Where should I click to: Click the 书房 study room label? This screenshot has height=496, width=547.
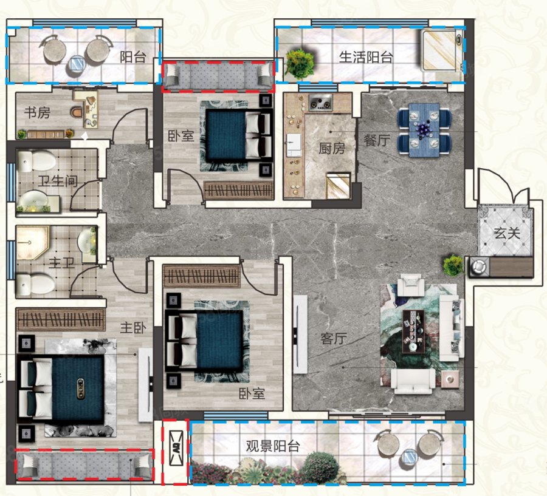click(37, 112)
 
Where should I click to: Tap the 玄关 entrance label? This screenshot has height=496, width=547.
click(507, 233)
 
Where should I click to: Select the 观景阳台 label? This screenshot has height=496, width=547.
click(272, 446)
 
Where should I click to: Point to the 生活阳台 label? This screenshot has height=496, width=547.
click(366, 57)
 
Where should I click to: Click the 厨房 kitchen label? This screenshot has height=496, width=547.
click(332, 149)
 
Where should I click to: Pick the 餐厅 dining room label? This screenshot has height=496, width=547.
click(377, 140)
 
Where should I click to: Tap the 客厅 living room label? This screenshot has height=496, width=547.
click(334, 338)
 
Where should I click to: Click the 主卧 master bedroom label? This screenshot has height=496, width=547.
click(133, 327)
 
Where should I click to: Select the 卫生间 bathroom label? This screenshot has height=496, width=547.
click(58, 180)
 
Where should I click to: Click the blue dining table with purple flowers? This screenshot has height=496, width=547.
click(424, 130)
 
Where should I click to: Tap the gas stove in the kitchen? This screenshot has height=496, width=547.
click(320, 103)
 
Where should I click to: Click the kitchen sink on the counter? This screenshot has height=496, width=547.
click(294, 144)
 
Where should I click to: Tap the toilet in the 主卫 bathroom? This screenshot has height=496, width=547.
click(35, 284)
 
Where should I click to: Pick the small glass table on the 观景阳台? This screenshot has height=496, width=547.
click(409, 457)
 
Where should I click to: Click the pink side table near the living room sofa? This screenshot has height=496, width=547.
click(450, 379)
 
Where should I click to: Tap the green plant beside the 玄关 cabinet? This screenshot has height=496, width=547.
click(453, 265)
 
